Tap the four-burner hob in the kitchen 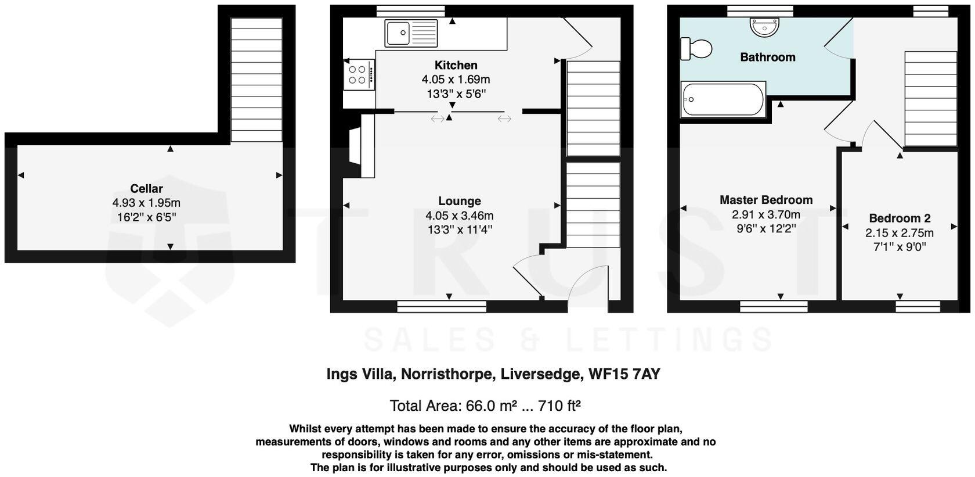(358, 74)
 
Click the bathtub (723, 99)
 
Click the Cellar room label (146, 188)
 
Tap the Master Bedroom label (766, 200)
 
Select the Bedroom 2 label (900, 218)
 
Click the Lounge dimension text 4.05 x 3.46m (459, 216)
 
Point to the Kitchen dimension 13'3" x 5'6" (456, 94)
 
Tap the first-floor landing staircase (930, 98)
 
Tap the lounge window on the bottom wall (432, 306)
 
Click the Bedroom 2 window (918, 306)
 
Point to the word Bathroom (767, 57)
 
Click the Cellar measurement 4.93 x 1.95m (146, 203)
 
